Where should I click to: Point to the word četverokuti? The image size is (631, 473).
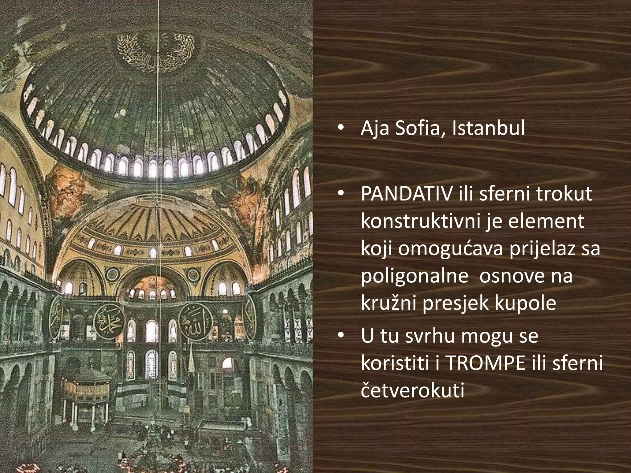click(412, 390)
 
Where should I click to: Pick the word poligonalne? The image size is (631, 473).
click(414, 276)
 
